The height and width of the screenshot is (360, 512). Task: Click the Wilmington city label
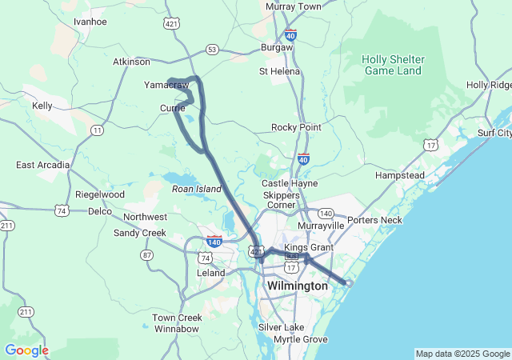298,286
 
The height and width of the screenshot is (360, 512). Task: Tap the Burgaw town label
277,48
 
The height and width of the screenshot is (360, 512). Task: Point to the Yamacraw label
166,85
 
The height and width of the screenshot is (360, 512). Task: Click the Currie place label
172,108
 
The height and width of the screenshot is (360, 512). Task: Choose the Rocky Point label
296,127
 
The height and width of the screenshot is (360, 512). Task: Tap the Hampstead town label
399,174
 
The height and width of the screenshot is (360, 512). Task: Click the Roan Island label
196,188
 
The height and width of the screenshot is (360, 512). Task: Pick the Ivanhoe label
90,22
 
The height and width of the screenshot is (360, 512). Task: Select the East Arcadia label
42,165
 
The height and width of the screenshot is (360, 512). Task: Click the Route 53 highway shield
212,50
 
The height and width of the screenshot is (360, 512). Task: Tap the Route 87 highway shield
146,254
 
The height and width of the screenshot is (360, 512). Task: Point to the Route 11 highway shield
97,130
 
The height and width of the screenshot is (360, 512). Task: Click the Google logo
26,350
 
